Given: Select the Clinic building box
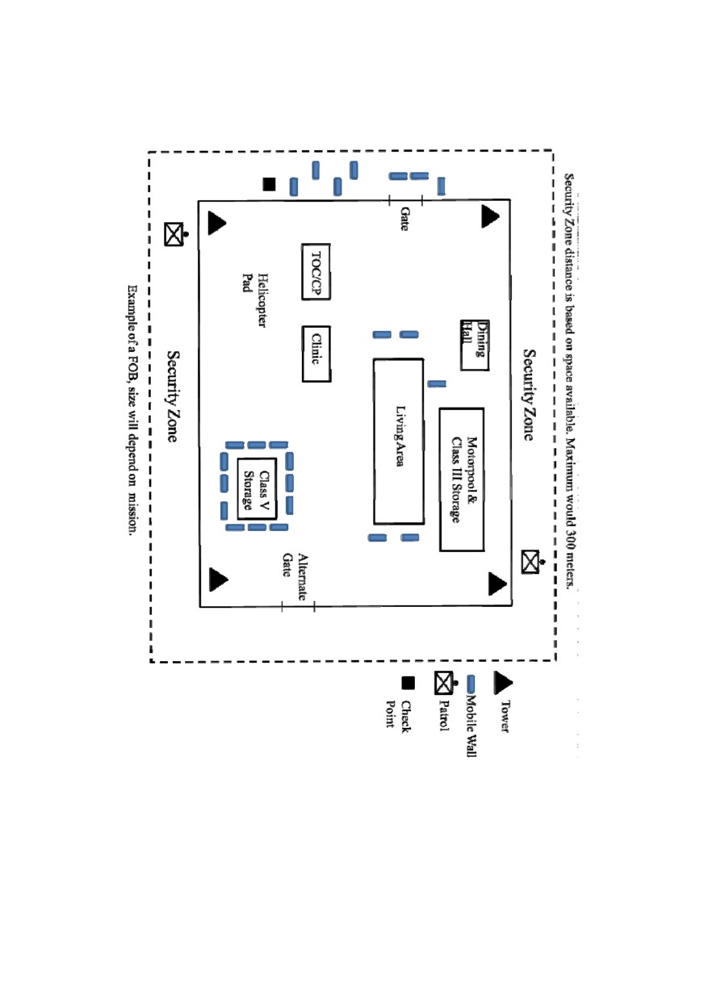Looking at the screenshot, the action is [x=316, y=354].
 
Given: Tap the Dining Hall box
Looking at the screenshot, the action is [x=475, y=345].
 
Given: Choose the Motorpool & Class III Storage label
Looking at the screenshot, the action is [x=463, y=479].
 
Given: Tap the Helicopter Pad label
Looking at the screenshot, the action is [x=254, y=300].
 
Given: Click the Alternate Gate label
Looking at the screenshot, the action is [x=295, y=576].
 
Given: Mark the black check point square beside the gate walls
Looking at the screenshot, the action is [x=269, y=184].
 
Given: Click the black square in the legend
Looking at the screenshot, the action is [x=408, y=683].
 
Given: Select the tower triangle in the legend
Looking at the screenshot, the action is [x=502, y=683].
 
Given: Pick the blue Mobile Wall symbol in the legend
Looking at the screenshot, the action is [x=471, y=684].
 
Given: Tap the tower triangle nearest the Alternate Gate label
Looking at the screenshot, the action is [x=217, y=579].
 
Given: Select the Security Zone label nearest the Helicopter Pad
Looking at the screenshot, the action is [x=173, y=396].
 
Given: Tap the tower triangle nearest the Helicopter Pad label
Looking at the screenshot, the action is [x=216, y=223].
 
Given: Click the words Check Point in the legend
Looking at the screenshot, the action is [x=398, y=714].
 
